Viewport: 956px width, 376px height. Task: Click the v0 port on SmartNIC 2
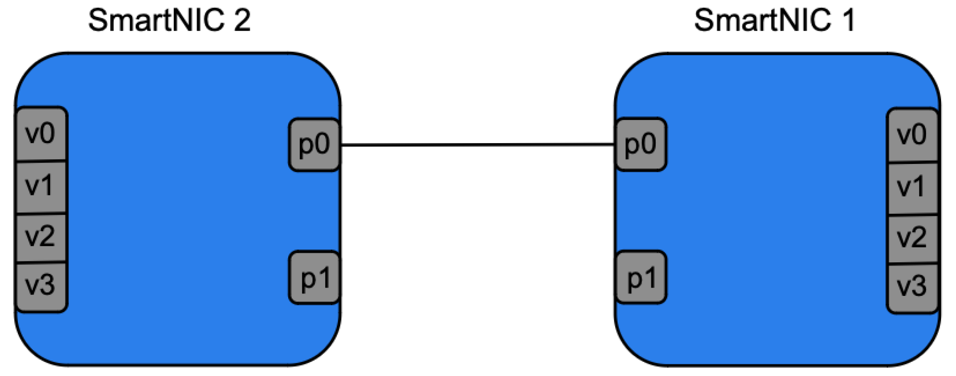click(x=41, y=134)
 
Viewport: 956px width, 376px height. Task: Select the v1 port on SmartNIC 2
click(x=41, y=186)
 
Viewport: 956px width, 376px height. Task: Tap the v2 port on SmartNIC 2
click(x=41, y=238)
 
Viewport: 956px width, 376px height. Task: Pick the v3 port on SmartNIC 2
click(x=41, y=286)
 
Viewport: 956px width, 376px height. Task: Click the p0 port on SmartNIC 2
click(x=314, y=144)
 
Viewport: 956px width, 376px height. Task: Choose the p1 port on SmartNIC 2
click(x=314, y=277)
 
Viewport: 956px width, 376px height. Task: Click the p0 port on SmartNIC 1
click(x=641, y=144)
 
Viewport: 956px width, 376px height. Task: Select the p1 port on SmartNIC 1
click(x=641, y=277)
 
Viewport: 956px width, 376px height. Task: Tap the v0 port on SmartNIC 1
click(x=912, y=135)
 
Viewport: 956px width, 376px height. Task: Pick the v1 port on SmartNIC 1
click(x=912, y=188)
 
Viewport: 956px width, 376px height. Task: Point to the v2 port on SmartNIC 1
click(x=912, y=239)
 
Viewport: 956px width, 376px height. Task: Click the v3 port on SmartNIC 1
click(x=912, y=287)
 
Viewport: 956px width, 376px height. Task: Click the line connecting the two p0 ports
click(x=477, y=144)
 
